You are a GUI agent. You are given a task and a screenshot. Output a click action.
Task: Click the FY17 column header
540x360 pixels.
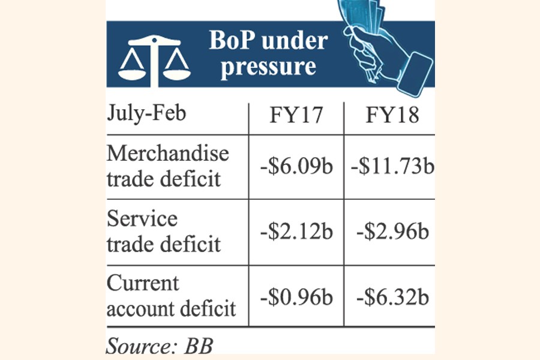[x=296, y=115]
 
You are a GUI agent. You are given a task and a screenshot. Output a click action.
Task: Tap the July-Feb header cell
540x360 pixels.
[x=146, y=114]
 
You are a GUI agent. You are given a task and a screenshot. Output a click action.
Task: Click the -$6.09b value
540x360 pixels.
[x=296, y=166]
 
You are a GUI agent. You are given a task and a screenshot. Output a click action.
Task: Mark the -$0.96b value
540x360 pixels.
[x=296, y=296]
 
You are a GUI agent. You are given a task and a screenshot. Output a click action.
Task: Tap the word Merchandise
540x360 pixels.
[x=168, y=153]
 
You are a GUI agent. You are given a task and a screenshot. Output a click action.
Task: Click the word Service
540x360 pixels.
[x=142, y=218]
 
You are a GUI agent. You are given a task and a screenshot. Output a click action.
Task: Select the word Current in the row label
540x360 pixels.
[x=143, y=283]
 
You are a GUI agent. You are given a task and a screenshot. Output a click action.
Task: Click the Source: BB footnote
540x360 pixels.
[x=160, y=346]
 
